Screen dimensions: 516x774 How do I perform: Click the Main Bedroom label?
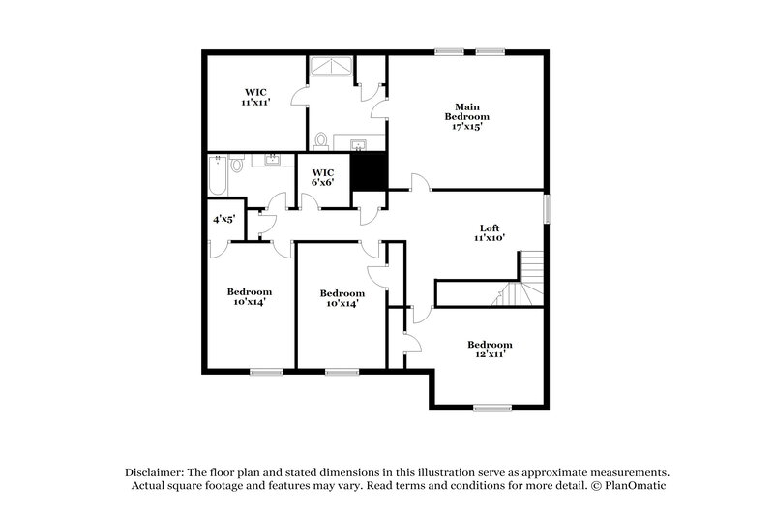pyautogui.click(x=466, y=111)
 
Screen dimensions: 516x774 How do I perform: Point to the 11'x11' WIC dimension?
pyautogui.click(x=255, y=102)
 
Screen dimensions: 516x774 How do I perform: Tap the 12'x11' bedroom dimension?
pyautogui.click(x=489, y=354)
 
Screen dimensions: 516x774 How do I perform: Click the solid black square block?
pyautogui.click(x=369, y=171)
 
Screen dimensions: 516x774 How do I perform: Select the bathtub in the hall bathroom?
pyautogui.click(x=218, y=176)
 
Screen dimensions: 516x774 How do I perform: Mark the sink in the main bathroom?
pyautogui.click(x=360, y=146)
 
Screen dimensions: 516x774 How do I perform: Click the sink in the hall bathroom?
pyautogui.click(x=272, y=160)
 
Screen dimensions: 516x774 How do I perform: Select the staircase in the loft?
pyautogui.click(x=522, y=280)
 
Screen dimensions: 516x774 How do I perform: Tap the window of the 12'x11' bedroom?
pyautogui.click(x=492, y=408)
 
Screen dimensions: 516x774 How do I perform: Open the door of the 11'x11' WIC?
pyautogui.click(x=300, y=95)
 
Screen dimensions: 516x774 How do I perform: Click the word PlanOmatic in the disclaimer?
pyautogui.click(x=636, y=486)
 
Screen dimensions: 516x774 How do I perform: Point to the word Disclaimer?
pyautogui.click(x=155, y=470)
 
